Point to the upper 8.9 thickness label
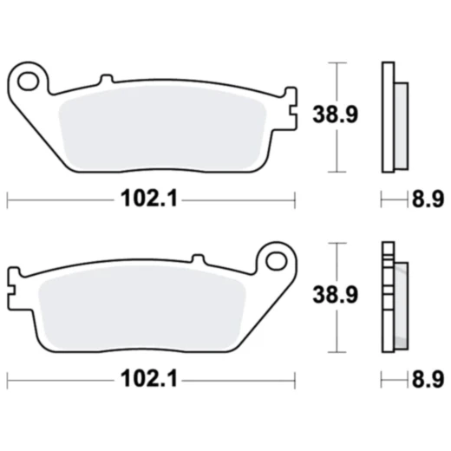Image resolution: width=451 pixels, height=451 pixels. point(425,200)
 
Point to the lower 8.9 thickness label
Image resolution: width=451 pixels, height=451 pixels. point(425,380)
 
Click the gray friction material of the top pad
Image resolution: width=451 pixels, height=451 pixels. point(165,121)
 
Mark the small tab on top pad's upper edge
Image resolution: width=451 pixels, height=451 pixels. point(106,81)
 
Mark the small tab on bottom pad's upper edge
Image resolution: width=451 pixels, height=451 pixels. point(197,258)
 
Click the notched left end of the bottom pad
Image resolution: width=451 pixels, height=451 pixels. point(11,279)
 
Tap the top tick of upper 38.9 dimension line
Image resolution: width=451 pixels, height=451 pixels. point(339,63)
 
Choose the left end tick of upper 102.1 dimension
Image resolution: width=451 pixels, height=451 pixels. point(8,200)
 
